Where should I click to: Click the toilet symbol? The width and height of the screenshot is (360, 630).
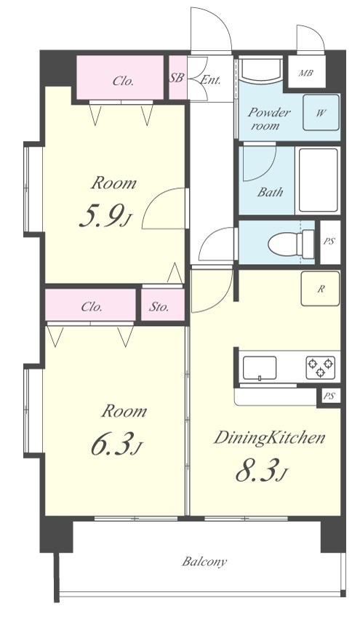point(292,244)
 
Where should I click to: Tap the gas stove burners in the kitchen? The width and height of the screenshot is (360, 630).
point(320,367)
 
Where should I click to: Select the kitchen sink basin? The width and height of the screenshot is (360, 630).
point(260,367)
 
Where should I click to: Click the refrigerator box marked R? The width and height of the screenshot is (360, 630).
point(320,289)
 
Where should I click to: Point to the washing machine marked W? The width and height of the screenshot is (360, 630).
point(321,113)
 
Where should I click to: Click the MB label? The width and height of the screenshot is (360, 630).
point(306,73)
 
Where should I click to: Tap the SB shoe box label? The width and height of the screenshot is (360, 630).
point(176,78)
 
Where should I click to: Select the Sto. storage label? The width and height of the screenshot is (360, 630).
point(159,308)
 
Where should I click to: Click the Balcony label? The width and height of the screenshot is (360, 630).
point(204,562)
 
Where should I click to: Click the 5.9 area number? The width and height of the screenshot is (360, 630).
point(105,218)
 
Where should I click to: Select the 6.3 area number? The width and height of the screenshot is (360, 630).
point(116,446)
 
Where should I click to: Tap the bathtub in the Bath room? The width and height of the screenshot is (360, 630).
point(318,180)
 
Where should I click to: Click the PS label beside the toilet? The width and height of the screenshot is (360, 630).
point(329,242)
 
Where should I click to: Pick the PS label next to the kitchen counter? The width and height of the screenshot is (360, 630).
point(329,396)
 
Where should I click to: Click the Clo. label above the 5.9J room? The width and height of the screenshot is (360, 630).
point(123,81)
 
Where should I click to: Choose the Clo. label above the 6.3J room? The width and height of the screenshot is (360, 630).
point(92,308)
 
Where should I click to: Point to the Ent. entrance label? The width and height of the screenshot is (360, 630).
point(210,79)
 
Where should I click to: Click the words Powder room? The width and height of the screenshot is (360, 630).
point(268,119)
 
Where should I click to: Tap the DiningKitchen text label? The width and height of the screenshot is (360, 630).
point(269,438)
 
